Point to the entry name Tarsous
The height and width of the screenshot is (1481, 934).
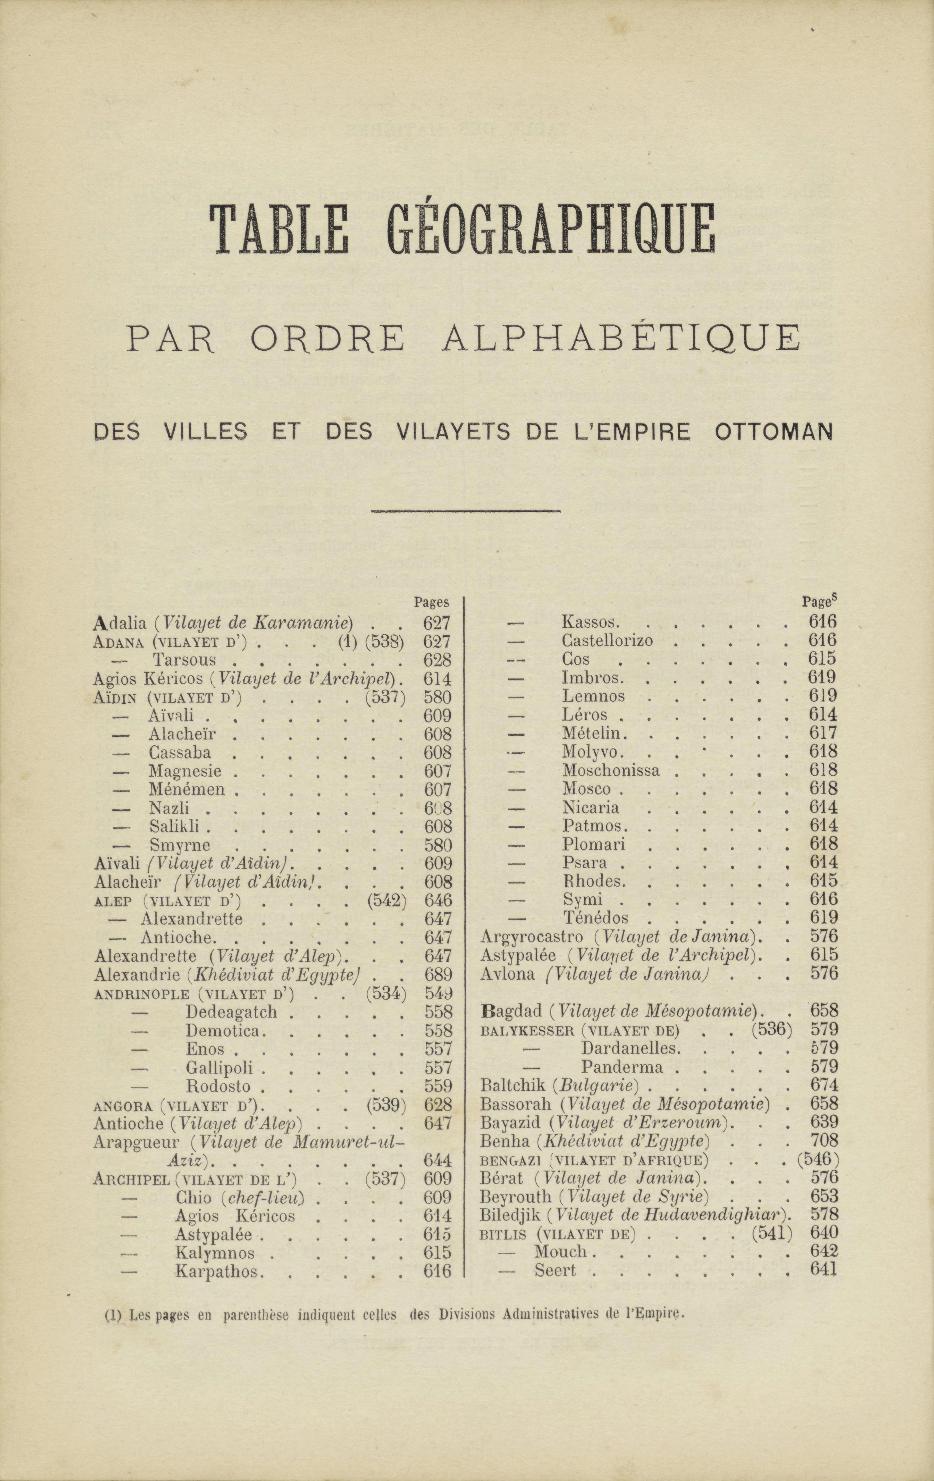pyautogui.click(x=184, y=660)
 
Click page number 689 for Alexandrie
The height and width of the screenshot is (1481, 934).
pyautogui.click(x=438, y=975)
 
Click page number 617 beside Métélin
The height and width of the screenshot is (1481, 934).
pyautogui.click(x=823, y=733)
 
